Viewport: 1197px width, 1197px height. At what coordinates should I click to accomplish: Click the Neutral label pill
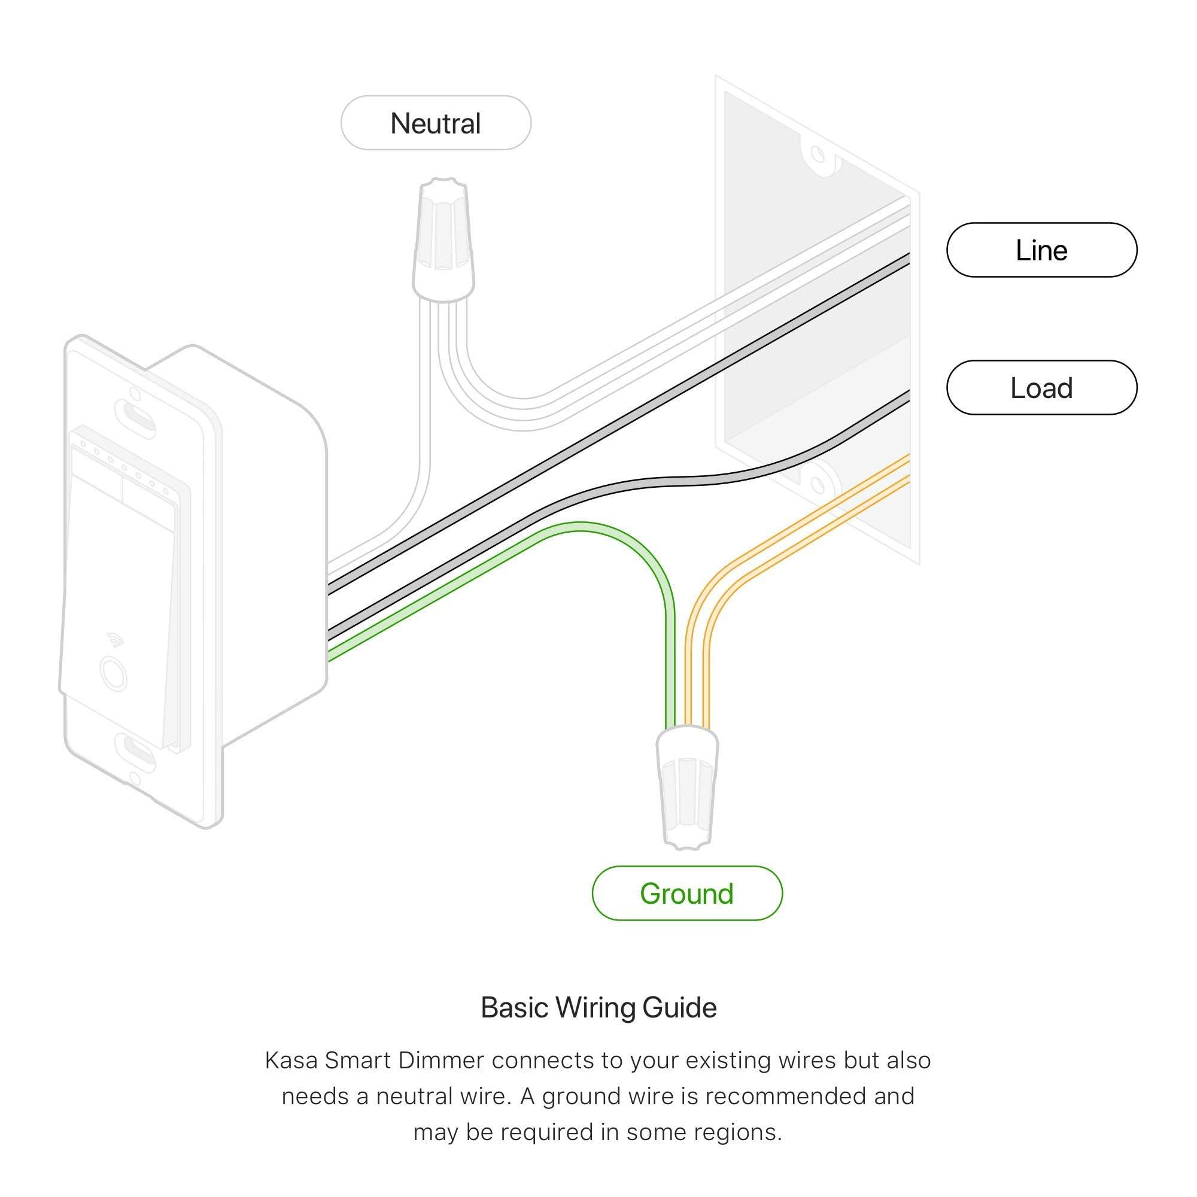click(436, 123)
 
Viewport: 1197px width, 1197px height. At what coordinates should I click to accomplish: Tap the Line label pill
click(1041, 250)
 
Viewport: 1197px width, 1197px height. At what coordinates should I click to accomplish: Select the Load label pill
click(1041, 388)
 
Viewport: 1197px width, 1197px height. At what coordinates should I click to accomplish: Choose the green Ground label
click(686, 894)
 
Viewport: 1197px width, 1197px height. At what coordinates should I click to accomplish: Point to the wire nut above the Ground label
click(687, 787)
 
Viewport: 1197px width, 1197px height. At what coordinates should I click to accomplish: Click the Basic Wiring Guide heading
click(598, 1008)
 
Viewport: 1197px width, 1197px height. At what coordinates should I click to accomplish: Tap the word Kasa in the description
click(291, 1061)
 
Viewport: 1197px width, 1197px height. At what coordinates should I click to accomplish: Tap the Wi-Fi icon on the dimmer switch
click(116, 639)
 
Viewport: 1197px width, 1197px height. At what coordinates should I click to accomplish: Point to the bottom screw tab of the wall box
click(818, 480)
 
